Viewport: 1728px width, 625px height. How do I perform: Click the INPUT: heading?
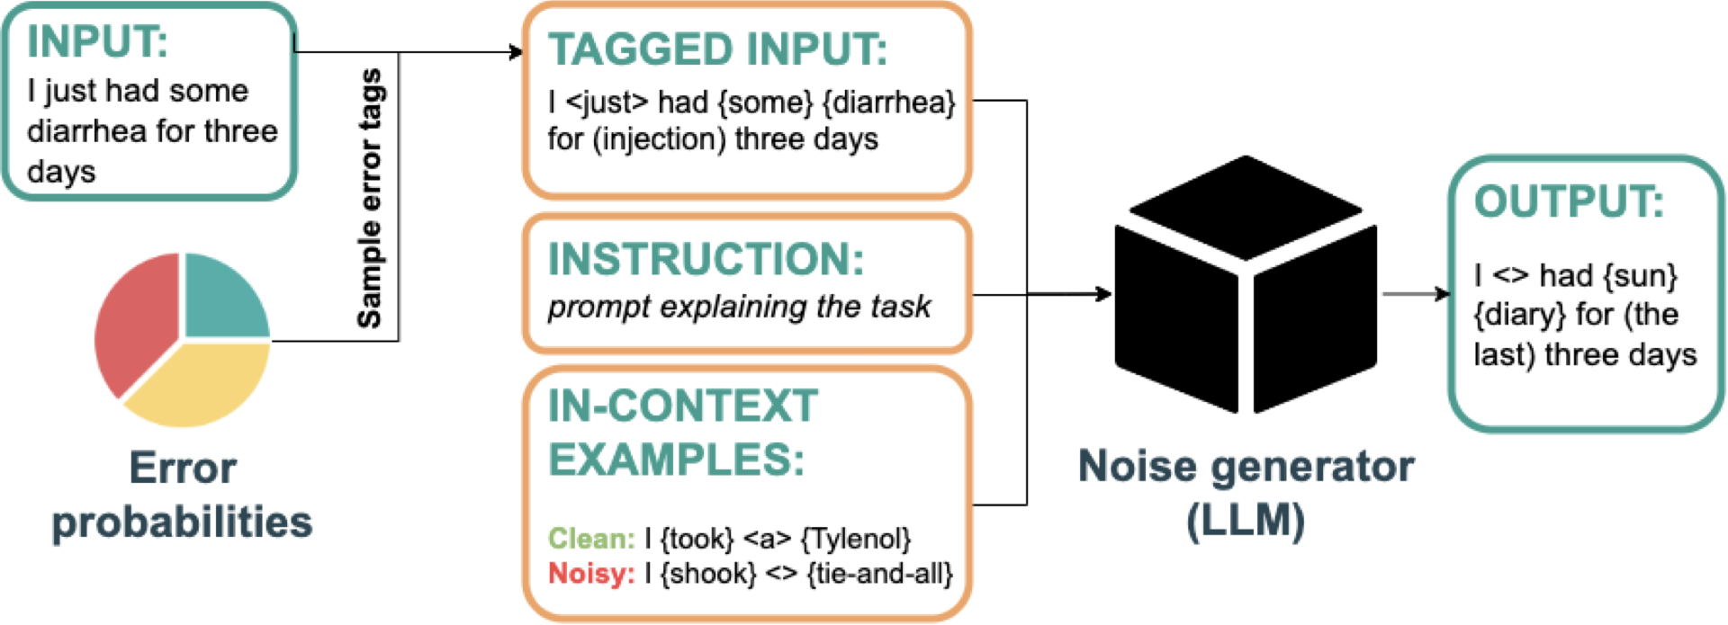(x=97, y=41)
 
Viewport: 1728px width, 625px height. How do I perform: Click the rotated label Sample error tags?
(x=370, y=198)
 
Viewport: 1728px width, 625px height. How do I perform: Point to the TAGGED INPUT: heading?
(x=717, y=49)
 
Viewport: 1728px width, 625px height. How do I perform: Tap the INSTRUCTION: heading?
(x=706, y=260)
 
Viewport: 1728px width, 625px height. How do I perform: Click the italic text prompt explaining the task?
(x=739, y=308)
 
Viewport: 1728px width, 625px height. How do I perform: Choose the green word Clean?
(x=591, y=539)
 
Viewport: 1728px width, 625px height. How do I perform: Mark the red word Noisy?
(x=591, y=574)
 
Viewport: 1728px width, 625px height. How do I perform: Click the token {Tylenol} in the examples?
(x=856, y=539)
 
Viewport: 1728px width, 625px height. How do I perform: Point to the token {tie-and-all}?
(x=880, y=574)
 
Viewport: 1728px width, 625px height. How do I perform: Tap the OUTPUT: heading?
(x=1568, y=201)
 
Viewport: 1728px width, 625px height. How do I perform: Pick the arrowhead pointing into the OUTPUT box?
(x=1443, y=293)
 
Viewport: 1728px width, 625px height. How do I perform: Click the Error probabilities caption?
(x=182, y=495)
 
